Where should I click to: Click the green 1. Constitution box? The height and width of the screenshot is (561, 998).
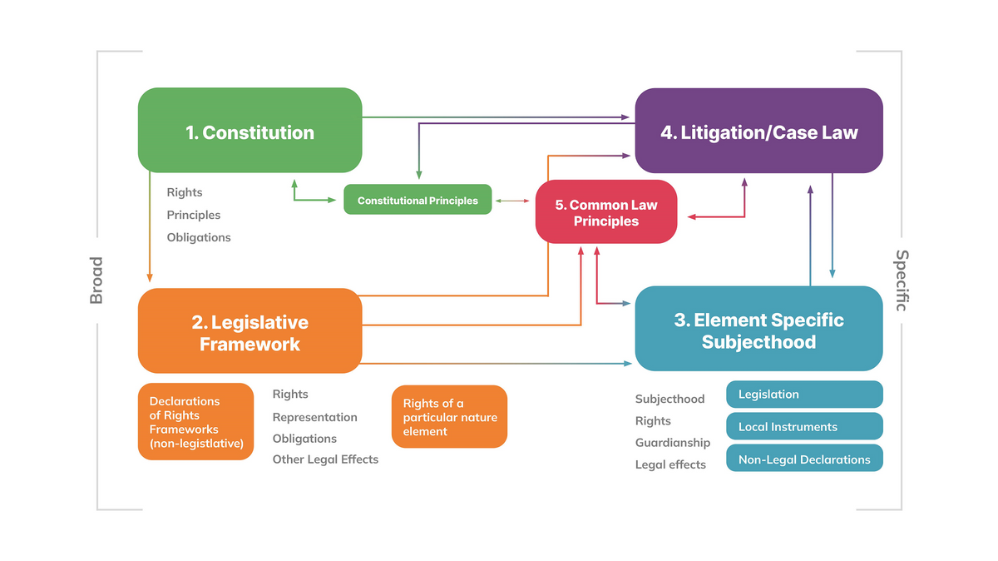[x=249, y=131]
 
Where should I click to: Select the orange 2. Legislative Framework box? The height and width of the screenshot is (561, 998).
[x=249, y=331]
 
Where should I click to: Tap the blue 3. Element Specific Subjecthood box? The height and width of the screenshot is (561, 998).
[x=758, y=330]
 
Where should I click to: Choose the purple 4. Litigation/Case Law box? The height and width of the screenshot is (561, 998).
[x=758, y=132]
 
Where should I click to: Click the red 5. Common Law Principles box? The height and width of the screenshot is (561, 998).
[x=606, y=213]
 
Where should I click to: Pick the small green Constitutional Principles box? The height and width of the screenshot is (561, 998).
[x=417, y=201]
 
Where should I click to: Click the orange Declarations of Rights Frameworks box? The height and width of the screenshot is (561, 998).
[x=196, y=422]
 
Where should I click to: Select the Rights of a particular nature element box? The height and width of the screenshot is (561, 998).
[x=449, y=417]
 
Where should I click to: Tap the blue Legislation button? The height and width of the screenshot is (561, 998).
[x=804, y=395]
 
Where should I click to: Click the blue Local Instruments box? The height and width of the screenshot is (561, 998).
[x=804, y=427]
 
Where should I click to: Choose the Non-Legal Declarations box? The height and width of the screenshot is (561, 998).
[x=804, y=459]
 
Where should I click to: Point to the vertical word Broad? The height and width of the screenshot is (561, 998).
[x=96, y=280]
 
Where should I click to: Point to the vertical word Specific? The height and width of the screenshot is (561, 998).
[x=901, y=280]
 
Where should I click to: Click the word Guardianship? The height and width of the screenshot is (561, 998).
[x=673, y=443]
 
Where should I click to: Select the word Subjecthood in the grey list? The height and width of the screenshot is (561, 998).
[x=669, y=399]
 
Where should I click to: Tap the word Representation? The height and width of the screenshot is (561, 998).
[x=314, y=417]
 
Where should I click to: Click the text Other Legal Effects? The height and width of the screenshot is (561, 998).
[x=325, y=459]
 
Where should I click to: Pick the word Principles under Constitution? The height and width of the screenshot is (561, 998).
[x=194, y=215]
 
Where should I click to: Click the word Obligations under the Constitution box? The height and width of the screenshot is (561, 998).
[x=199, y=237]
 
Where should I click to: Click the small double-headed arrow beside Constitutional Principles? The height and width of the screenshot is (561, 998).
[x=513, y=201]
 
